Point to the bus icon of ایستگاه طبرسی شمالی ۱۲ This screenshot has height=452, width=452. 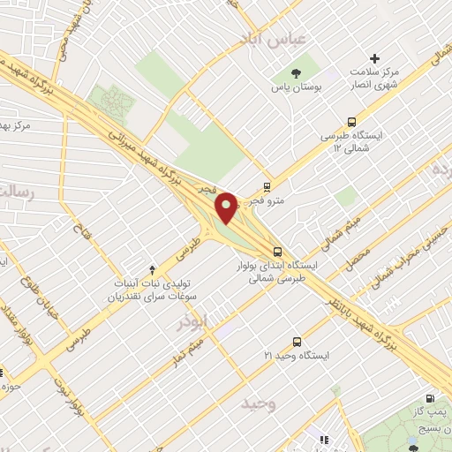coord(352,123)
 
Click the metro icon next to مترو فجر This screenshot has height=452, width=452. coord(267,186)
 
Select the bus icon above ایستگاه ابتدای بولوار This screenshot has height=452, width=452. coord(276,251)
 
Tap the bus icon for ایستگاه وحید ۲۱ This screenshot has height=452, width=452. coord(296,341)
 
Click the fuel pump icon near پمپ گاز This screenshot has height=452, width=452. coord(430,399)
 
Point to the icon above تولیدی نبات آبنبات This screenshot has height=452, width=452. coord(152,268)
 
